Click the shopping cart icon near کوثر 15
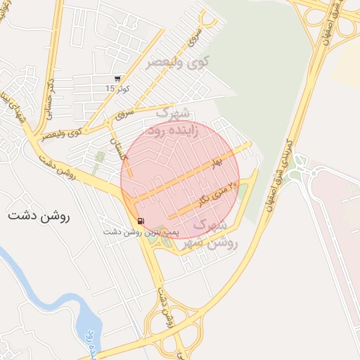pos(117,79)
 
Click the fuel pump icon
pos(141,222)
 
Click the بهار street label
pos(215,163)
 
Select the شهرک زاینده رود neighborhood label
pos(172,122)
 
